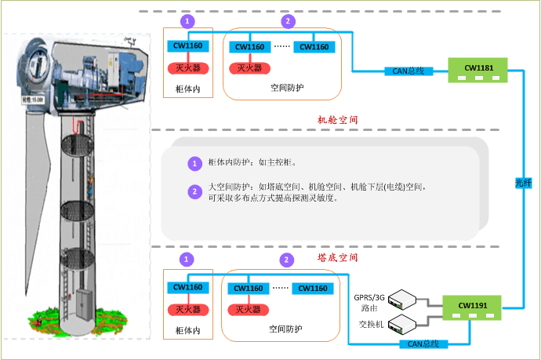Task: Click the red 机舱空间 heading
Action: coord(338,119)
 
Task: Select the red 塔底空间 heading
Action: coord(338,257)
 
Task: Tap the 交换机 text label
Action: coord(370,324)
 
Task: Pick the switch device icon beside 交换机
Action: coord(405,322)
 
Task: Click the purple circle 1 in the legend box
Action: coord(195,164)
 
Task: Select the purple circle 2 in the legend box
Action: coord(195,191)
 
